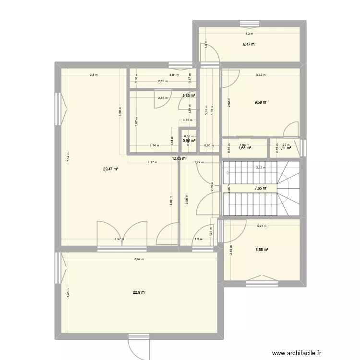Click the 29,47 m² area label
pos(110,168)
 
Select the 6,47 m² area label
pos(249,44)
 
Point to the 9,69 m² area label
pos(261,102)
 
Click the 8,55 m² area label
pos(262,250)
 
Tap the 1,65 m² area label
pos(245,148)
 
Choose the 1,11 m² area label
pos(285,148)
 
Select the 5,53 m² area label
pos(189,96)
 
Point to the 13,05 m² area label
pos(180,158)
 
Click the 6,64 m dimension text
pos(139,259)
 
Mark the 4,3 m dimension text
pos(249,34)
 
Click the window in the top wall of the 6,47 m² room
pos(249,24)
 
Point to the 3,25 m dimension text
pos(262,226)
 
